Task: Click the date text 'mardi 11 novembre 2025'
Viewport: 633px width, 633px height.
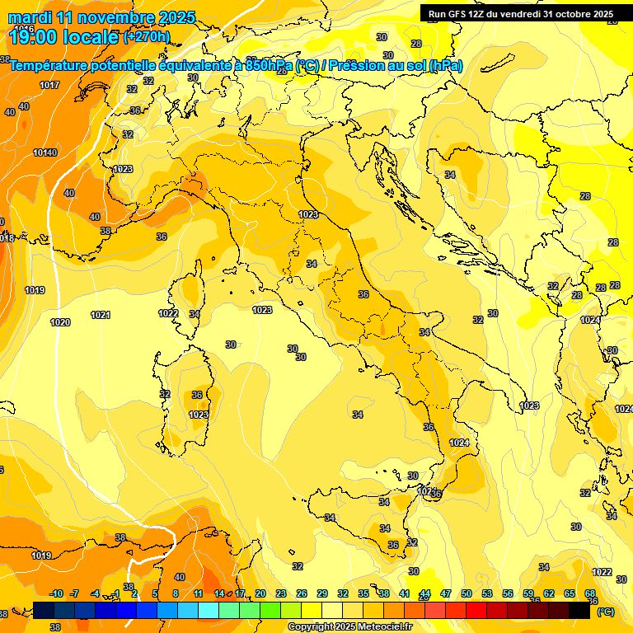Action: (102, 17)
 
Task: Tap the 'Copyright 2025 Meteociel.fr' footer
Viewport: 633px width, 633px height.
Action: (349, 627)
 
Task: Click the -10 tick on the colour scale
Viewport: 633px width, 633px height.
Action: (56, 593)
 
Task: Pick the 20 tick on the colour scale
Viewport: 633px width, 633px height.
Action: (260, 593)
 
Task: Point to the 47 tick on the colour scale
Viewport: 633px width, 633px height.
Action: (446, 593)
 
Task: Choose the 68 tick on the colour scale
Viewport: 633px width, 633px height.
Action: (590, 593)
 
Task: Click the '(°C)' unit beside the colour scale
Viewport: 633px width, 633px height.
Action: (606, 612)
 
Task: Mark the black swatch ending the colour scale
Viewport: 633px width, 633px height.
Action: (579, 610)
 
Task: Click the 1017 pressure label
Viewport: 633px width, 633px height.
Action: (49, 86)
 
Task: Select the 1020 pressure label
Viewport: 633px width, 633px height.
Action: (60, 322)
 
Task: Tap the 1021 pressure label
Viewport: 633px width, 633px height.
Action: (101, 315)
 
